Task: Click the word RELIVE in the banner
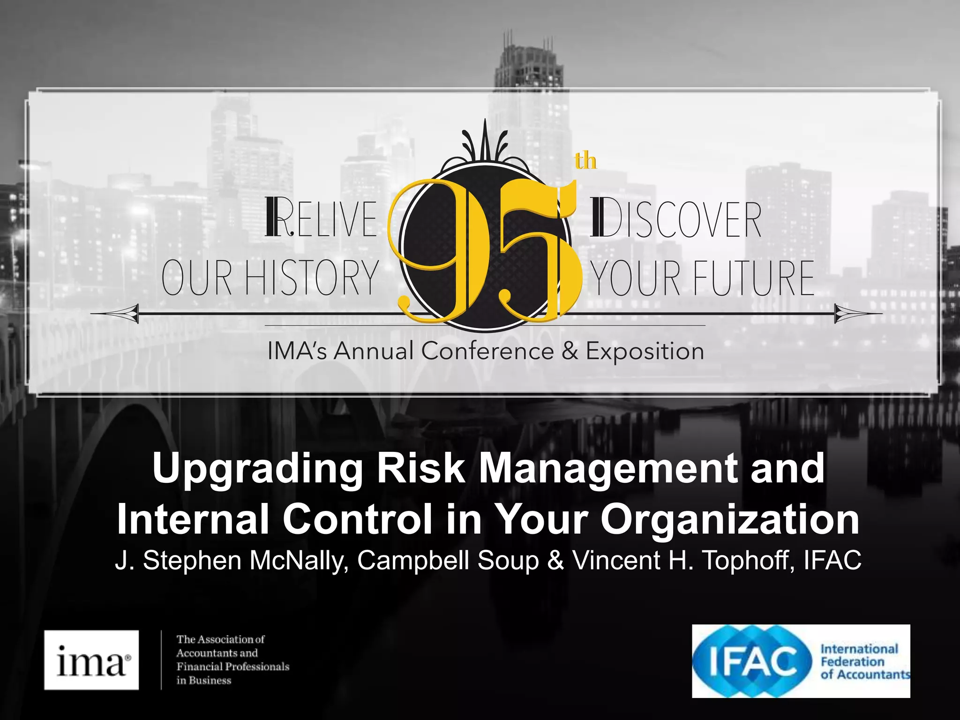(x=321, y=218)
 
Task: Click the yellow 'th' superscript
(x=585, y=161)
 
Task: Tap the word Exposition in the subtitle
(x=645, y=352)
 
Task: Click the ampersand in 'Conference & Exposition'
(x=570, y=351)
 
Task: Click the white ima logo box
(x=91, y=660)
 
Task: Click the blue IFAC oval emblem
(x=752, y=661)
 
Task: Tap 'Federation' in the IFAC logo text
(x=852, y=662)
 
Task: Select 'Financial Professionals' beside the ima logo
(x=233, y=667)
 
